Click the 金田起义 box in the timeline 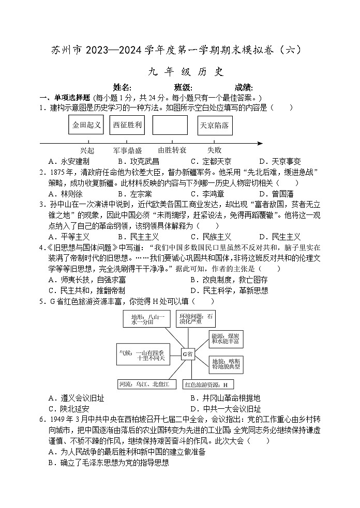pyautogui.click(x=86, y=125)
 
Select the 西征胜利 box pyautogui.click(x=128, y=125)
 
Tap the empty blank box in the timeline pyautogui.click(x=170, y=125)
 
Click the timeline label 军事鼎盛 pyautogui.click(x=127, y=150)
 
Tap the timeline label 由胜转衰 pyautogui.click(x=172, y=150)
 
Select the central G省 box pyautogui.click(x=187, y=354)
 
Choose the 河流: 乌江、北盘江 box pyautogui.click(x=147, y=384)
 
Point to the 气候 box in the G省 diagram pyautogui.click(x=142, y=355)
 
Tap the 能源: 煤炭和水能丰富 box pyautogui.click(x=226, y=338)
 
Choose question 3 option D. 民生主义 pyautogui.click(x=280, y=237)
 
